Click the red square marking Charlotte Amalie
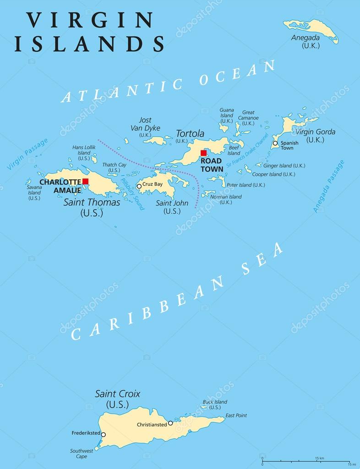tap(85, 182)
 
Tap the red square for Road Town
tap(203, 153)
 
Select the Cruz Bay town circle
tap(139, 186)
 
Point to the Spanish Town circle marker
tap(275, 143)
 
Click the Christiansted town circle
tap(170, 423)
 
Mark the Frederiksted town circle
tap(103, 435)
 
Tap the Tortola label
tap(190, 133)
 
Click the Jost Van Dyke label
tap(145, 124)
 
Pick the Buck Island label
tap(215, 402)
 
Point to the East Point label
tap(236, 415)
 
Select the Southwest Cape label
tap(82, 454)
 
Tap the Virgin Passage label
tap(27, 154)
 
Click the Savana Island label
tap(34, 193)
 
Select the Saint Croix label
tap(117, 393)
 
